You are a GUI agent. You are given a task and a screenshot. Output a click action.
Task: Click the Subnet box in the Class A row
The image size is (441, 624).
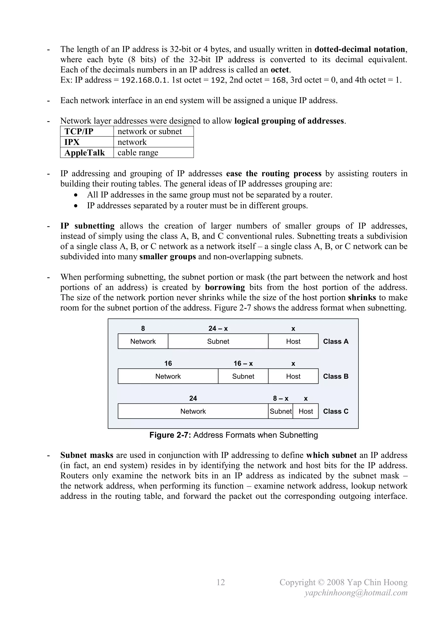click(x=218, y=341)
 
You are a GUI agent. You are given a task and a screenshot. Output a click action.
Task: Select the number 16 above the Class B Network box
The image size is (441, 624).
click(x=168, y=363)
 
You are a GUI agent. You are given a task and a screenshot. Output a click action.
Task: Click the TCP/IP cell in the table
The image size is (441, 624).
click(x=79, y=131)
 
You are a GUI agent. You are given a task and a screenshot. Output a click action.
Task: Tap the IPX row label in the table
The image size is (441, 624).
click(x=72, y=142)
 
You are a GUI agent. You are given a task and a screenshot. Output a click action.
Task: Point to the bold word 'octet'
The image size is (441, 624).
click(x=280, y=70)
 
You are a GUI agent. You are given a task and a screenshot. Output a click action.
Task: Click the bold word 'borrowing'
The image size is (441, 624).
click(x=225, y=287)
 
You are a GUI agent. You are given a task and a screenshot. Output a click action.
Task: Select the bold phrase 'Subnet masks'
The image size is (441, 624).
click(x=87, y=455)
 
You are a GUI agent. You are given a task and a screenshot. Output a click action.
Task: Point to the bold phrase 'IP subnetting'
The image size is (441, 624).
click(x=87, y=226)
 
